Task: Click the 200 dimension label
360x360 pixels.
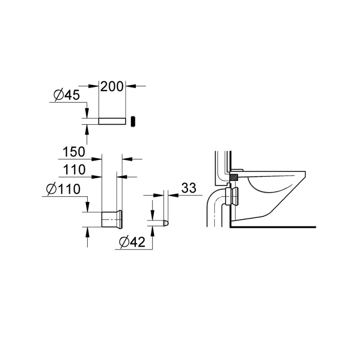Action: [x=112, y=86]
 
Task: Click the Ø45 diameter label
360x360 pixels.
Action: [x=67, y=94]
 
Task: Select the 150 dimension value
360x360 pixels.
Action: [x=74, y=152]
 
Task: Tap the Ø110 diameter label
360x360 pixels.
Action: [x=63, y=189]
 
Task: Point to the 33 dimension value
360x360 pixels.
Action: [x=189, y=188]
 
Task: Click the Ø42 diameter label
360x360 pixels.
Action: [x=132, y=242]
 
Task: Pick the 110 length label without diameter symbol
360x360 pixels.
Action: [x=74, y=170]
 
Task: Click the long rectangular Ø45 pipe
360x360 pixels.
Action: [x=112, y=121]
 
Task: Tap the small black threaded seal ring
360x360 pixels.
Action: [x=133, y=121]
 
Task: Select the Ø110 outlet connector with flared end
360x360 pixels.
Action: [x=112, y=219]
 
